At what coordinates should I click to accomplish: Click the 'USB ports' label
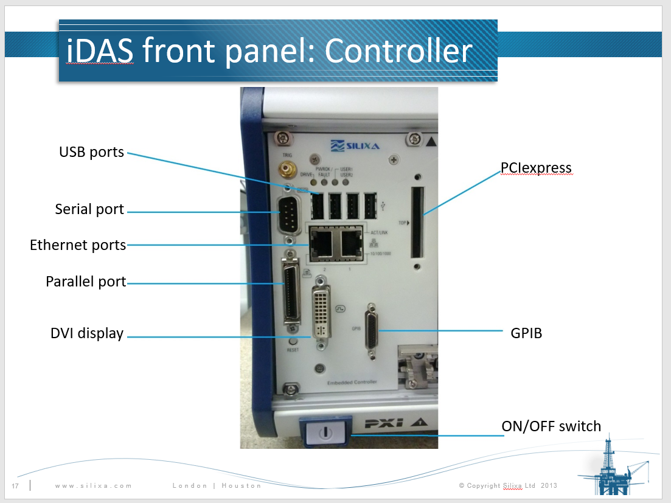click(x=91, y=152)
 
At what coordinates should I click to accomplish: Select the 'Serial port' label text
click(x=89, y=210)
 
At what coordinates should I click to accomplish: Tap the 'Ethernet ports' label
click(x=78, y=245)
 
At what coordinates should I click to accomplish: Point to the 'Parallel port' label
click(x=86, y=282)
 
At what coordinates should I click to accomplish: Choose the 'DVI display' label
click(x=87, y=333)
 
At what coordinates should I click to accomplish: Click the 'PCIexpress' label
click(x=536, y=168)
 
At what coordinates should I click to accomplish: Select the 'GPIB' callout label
click(x=526, y=333)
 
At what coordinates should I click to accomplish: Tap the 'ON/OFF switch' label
click(x=551, y=426)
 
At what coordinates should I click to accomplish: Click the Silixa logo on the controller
click(x=345, y=147)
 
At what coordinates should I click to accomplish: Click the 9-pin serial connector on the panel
click(x=287, y=214)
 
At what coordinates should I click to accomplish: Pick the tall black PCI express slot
click(x=417, y=222)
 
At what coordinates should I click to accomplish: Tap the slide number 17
click(x=15, y=485)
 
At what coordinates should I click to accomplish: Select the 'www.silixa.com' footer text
click(x=93, y=485)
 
